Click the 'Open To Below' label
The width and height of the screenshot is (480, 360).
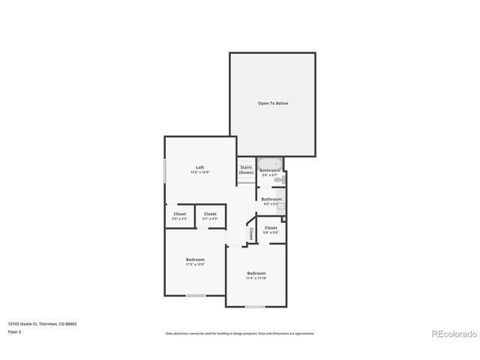pyautogui.click(x=273, y=103)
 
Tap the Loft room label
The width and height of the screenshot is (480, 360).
pyautogui.click(x=199, y=167)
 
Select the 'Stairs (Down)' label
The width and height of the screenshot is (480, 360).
pyautogui.click(x=246, y=169)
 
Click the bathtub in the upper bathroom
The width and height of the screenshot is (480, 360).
pyautogui.click(x=269, y=163)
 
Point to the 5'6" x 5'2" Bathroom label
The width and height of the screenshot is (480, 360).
pyautogui.click(x=271, y=201)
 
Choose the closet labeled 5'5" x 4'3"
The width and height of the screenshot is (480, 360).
pyautogui.click(x=179, y=216)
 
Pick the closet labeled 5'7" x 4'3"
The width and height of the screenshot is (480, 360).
pyautogui.click(x=210, y=216)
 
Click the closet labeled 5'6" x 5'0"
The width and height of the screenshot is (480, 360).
pyautogui.click(x=271, y=229)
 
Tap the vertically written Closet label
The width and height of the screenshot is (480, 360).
pyautogui.click(x=251, y=233)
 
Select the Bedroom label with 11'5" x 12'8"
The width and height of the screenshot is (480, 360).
pyautogui.click(x=195, y=261)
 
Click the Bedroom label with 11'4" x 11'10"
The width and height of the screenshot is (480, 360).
pyautogui.click(x=256, y=275)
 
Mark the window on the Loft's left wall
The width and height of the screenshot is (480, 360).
pyautogui.click(x=166, y=171)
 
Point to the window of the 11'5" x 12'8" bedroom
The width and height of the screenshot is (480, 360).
pyautogui.click(x=196, y=295)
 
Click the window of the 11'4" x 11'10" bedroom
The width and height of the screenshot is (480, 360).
pyautogui.click(x=255, y=306)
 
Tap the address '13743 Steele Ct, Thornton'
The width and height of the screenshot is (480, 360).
pyautogui.click(x=42, y=324)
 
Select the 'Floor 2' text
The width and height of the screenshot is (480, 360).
pyautogui.click(x=14, y=331)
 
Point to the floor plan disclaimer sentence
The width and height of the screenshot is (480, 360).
pyautogui.click(x=239, y=333)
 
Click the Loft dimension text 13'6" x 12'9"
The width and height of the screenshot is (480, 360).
pyautogui.click(x=199, y=172)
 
